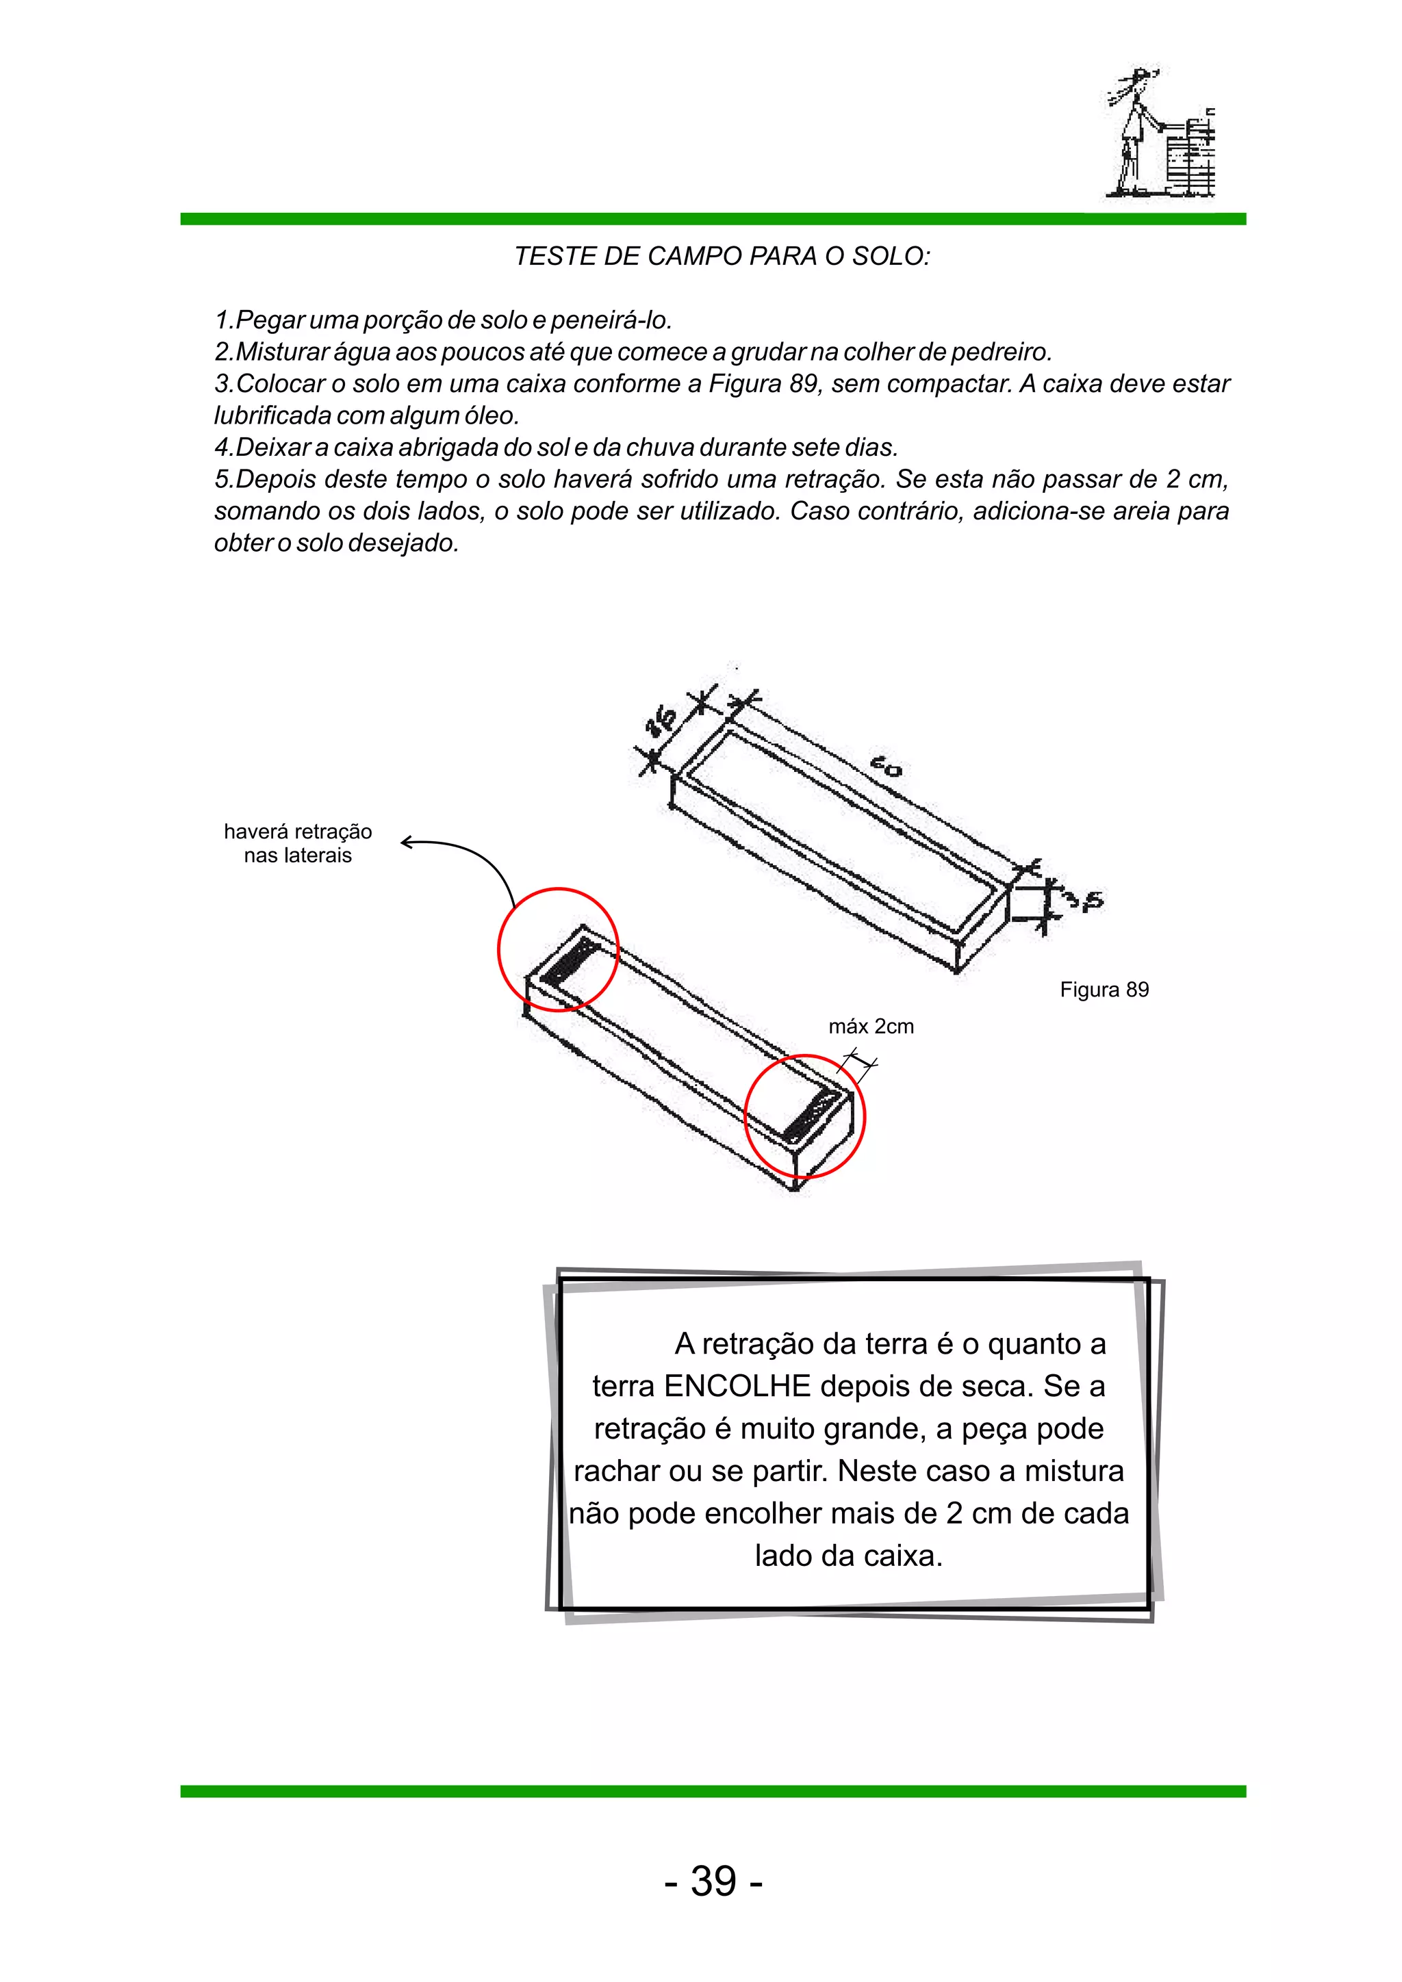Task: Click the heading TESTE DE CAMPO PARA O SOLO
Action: click(722, 257)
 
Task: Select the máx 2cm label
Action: click(870, 1027)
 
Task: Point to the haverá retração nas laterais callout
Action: click(298, 843)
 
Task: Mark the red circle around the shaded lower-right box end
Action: click(804, 1116)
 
